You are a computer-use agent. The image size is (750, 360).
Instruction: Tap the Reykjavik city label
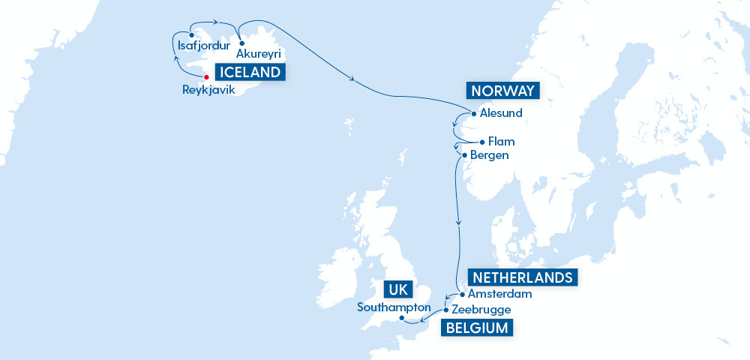tap(208, 90)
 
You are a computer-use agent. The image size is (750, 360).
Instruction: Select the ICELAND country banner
tap(250, 72)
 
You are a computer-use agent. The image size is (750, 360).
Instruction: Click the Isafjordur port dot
tap(191, 34)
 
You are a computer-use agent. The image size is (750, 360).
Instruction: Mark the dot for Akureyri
tap(241, 43)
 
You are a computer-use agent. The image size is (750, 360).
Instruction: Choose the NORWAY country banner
tap(502, 91)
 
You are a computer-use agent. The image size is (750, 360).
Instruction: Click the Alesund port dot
tap(473, 114)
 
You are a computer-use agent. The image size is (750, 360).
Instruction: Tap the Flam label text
tap(501, 141)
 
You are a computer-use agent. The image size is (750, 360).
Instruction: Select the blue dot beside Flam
tap(481, 141)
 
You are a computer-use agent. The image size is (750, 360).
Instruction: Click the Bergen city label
tap(489, 155)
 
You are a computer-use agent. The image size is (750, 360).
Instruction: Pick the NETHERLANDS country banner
tap(522, 277)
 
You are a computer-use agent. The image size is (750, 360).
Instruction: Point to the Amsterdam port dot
tap(461, 295)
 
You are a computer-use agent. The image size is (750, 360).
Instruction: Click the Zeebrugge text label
tap(481, 309)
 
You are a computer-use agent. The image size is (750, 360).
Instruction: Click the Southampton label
tap(394, 307)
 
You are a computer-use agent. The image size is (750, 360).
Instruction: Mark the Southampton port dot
tap(401, 318)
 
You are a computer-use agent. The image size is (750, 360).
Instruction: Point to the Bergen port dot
tap(465, 155)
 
